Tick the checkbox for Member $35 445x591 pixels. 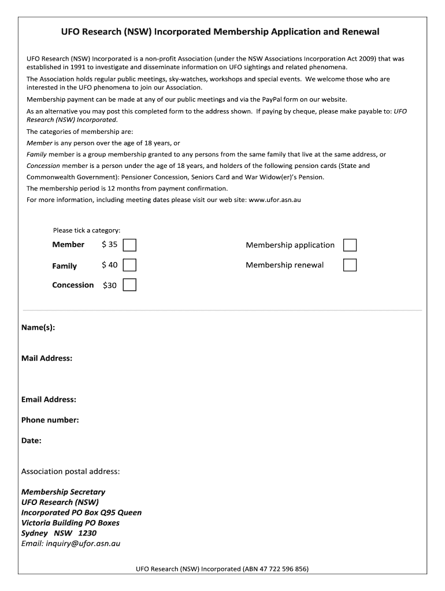130,245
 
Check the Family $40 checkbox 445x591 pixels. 130,265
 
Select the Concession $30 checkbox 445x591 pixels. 130,285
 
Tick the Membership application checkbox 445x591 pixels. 350,245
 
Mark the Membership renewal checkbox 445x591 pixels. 350,265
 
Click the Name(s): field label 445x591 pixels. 38,328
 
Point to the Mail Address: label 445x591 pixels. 47,358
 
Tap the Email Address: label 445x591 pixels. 49,399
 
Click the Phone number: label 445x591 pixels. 50,420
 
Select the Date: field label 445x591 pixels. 31,441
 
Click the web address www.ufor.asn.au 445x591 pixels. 275,200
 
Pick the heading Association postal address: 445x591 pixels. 71,472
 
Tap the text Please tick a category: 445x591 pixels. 87,230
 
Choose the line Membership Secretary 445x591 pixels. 64,492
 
